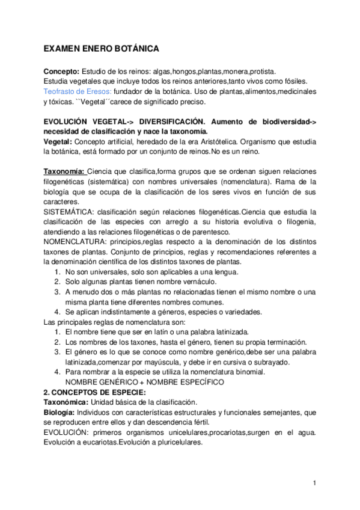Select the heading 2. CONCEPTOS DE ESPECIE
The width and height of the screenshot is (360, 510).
coord(94,392)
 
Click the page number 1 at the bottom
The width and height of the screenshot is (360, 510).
coord(314,483)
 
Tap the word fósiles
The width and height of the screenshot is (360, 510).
coord(296,81)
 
